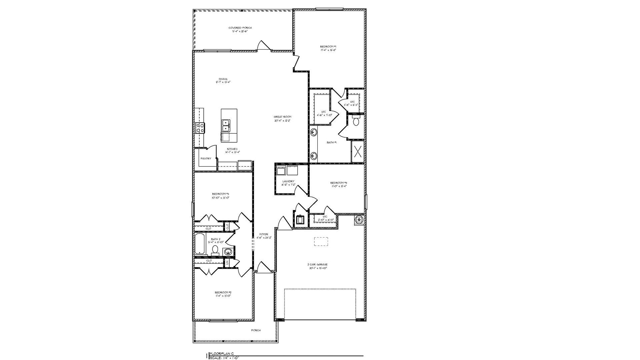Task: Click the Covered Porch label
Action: (x=240, y=28)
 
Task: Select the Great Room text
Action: (x=282, y=117)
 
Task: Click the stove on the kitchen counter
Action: (x=200, y=127)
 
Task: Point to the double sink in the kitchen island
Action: (x=226, y=125)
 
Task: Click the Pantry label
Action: (x=206, y=159)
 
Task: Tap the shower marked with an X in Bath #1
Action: (x=358, y=152)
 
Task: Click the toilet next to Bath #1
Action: (x=356, y=121)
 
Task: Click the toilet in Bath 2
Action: (x=215, y=250)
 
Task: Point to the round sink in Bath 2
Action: (x=228, y=251)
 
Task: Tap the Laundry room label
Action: (x=288, y=182)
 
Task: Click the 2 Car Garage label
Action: (x=317, y=265)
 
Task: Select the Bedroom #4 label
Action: (x=339, y=183)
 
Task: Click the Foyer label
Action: (x=263, y=234)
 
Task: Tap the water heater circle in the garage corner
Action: (x=359, y=220)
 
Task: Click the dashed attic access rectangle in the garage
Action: (x=321, y=242)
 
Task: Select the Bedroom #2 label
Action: (x=223, y=292)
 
